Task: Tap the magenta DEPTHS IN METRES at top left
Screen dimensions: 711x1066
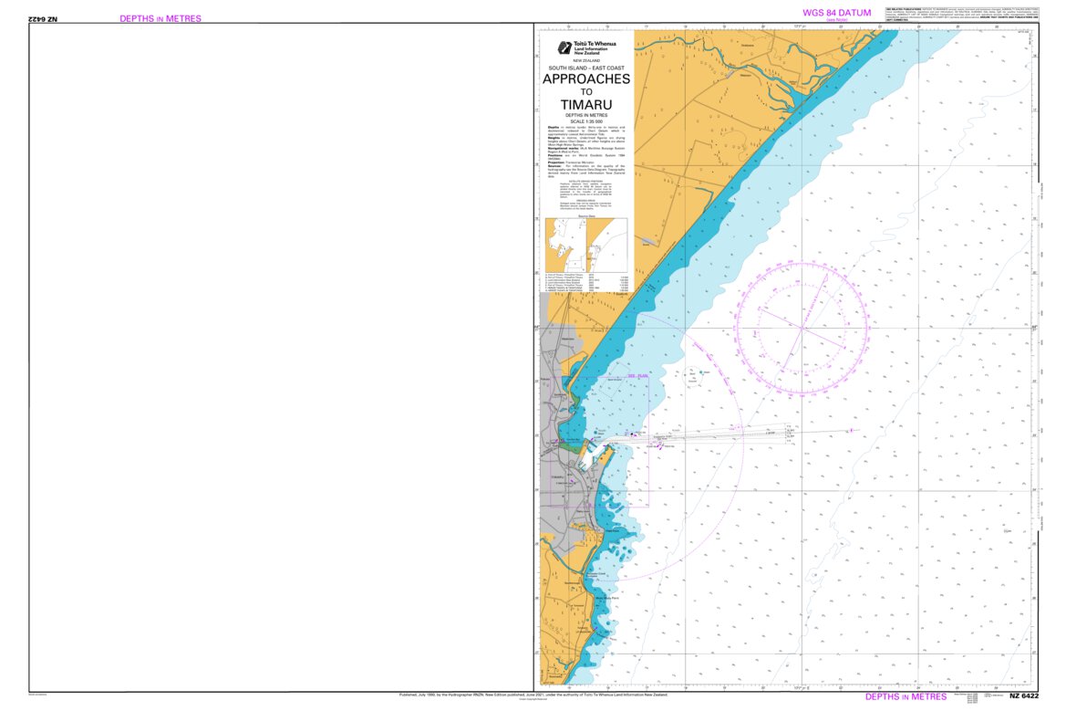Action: (160, 18)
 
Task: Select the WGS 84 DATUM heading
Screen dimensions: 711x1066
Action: (836, 12)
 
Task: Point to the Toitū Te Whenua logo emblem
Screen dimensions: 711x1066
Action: (565, 47)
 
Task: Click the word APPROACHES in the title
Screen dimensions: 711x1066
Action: (586, 79)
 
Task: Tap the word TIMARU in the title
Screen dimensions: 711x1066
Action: (586, 103)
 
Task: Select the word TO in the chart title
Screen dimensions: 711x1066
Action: (586, 91)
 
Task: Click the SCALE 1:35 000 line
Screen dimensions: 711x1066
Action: (586, 121)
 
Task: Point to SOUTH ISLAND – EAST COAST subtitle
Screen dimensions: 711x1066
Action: (586, 68)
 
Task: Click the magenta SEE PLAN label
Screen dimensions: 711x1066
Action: (637, 375)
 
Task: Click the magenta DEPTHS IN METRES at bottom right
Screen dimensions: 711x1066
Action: (906, 696)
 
